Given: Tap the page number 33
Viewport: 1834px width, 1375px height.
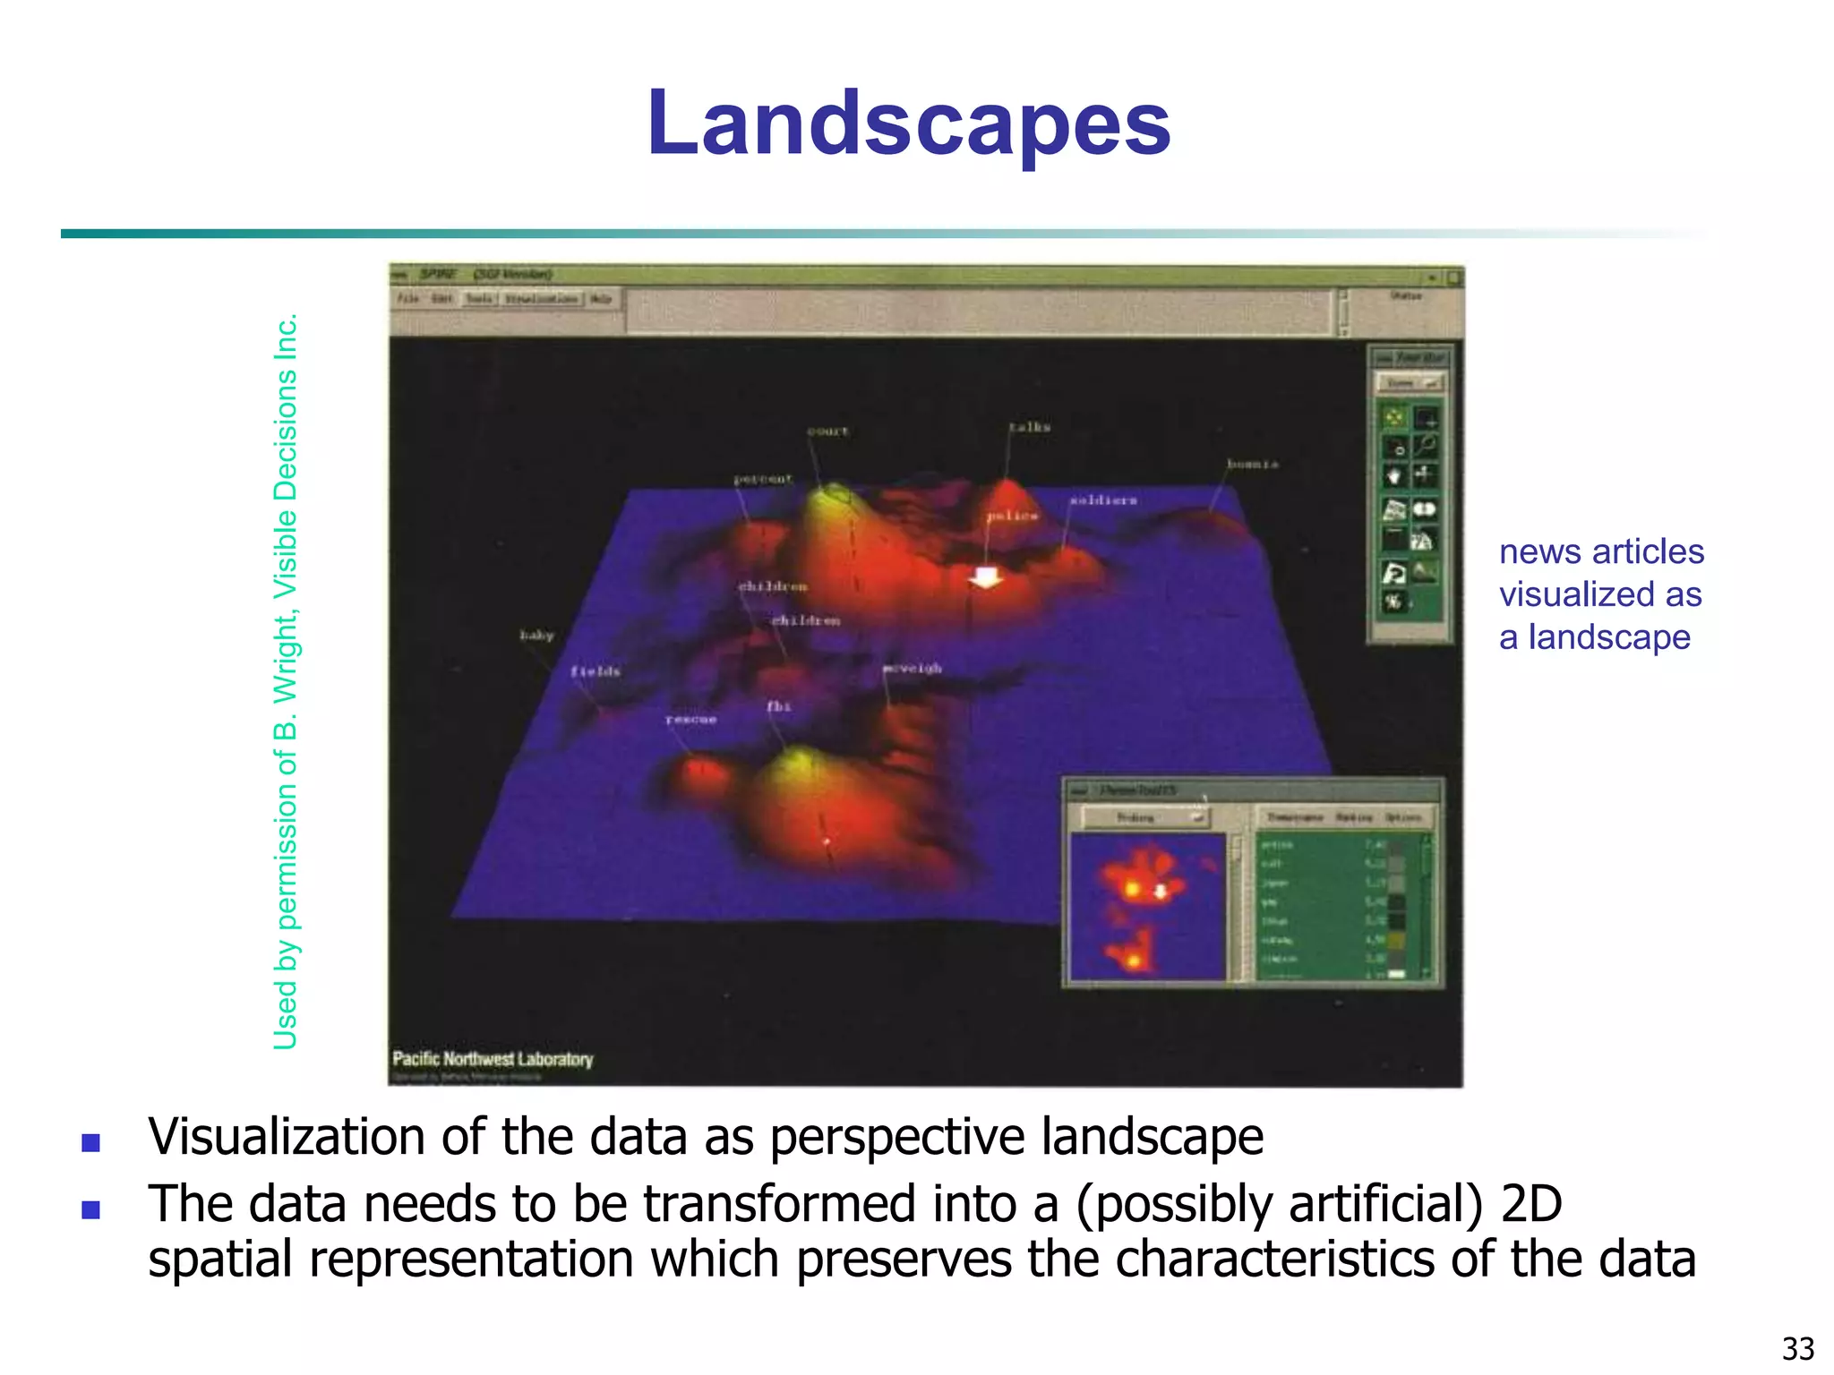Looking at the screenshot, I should pos(1798,1348).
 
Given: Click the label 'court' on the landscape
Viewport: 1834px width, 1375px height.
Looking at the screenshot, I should pos(827,431).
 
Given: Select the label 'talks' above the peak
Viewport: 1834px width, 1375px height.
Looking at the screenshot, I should pos(1029,427).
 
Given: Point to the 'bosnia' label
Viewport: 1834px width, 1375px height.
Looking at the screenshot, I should pos(1252,464).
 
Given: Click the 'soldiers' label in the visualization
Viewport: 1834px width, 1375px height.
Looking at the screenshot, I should pos(1103,500).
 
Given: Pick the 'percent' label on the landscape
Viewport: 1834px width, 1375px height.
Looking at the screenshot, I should pos(763,479).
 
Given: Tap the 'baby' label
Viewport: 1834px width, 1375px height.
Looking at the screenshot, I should pos(536,635).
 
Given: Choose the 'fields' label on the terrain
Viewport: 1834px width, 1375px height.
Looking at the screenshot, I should pos(596,670).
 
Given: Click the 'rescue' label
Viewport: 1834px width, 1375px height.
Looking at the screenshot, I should pos(690,719).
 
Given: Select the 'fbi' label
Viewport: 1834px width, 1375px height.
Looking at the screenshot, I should pos(778,706).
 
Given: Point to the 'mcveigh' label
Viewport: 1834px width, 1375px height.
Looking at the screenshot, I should pos(912,668).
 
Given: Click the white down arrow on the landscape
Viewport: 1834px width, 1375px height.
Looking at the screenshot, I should pos(986,577).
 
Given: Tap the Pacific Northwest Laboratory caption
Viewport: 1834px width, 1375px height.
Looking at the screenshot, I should pos(493,1059).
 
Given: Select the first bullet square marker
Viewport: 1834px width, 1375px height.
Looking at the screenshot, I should pos(90,1142).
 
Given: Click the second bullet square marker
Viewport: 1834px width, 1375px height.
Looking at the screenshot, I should pos(90,1209).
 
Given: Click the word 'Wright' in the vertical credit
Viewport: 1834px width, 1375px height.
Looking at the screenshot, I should pos(285,653).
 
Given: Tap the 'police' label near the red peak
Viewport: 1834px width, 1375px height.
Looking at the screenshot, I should pos(1012,516).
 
